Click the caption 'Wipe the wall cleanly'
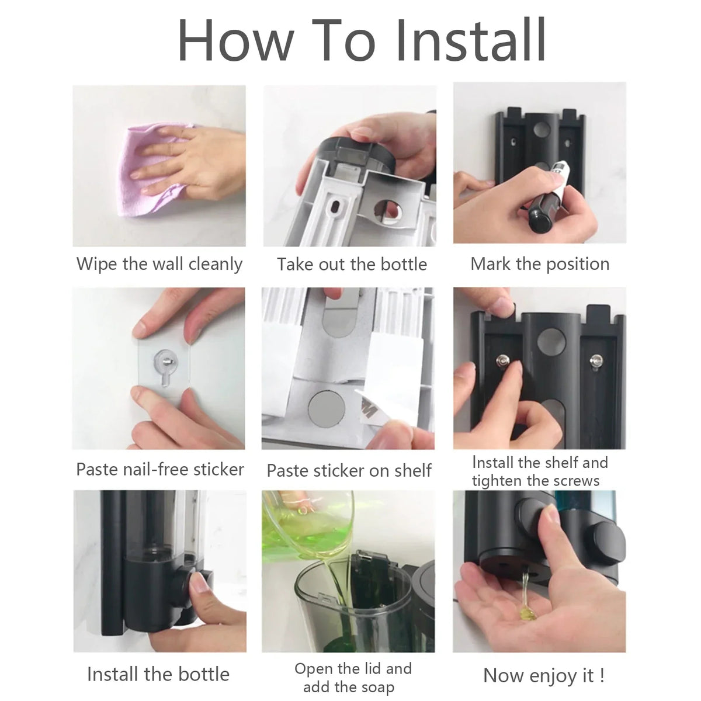159,264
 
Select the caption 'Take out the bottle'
352,265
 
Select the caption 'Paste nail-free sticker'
160,469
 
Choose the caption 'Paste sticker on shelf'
349,470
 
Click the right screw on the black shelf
595,361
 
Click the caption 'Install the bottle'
158,674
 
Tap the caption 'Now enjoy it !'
544,676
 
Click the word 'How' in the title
236,40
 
